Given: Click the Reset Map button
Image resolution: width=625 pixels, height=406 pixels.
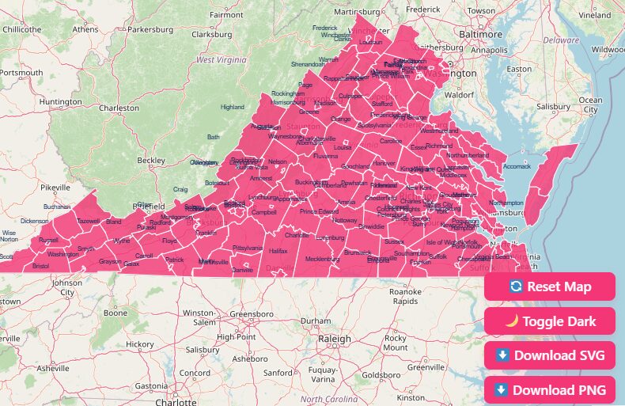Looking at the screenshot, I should pyautogui.click(x=550, y=286).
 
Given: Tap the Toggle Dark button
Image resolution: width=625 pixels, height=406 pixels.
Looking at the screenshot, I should pyautogui.click(x=550, y=321).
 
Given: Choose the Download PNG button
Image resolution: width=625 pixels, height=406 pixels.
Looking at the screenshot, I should pyautogui.click(x=550, y=389).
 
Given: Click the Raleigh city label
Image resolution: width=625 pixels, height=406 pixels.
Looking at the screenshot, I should pyautogui.click(x=335, y=339).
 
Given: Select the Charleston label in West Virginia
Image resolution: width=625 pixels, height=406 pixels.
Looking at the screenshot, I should pyautogui.click(x=119, y=108).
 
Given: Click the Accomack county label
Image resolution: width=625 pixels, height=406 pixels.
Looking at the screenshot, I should pyautogui.click(x=517, y=167).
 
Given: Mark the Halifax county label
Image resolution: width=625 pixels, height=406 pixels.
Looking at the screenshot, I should pyautogui.click(x=278, y=250).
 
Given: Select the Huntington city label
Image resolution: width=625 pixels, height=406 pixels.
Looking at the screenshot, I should pyautogui.click(x=60, y=102).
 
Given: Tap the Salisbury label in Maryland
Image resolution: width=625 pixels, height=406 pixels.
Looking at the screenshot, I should pyautogui.click(x=554, y=107).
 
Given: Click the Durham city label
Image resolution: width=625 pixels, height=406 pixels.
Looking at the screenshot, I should pyautogui.click(x=316, y=321).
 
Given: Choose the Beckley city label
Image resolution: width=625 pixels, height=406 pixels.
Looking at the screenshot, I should pyautogui.click(x=151, y=161).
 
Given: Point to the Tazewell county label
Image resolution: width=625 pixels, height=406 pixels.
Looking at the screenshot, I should pyautogui.click(x=88, y=221).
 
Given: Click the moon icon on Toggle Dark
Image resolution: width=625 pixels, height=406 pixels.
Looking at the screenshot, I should pyautogui.click(x=512, y=321).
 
